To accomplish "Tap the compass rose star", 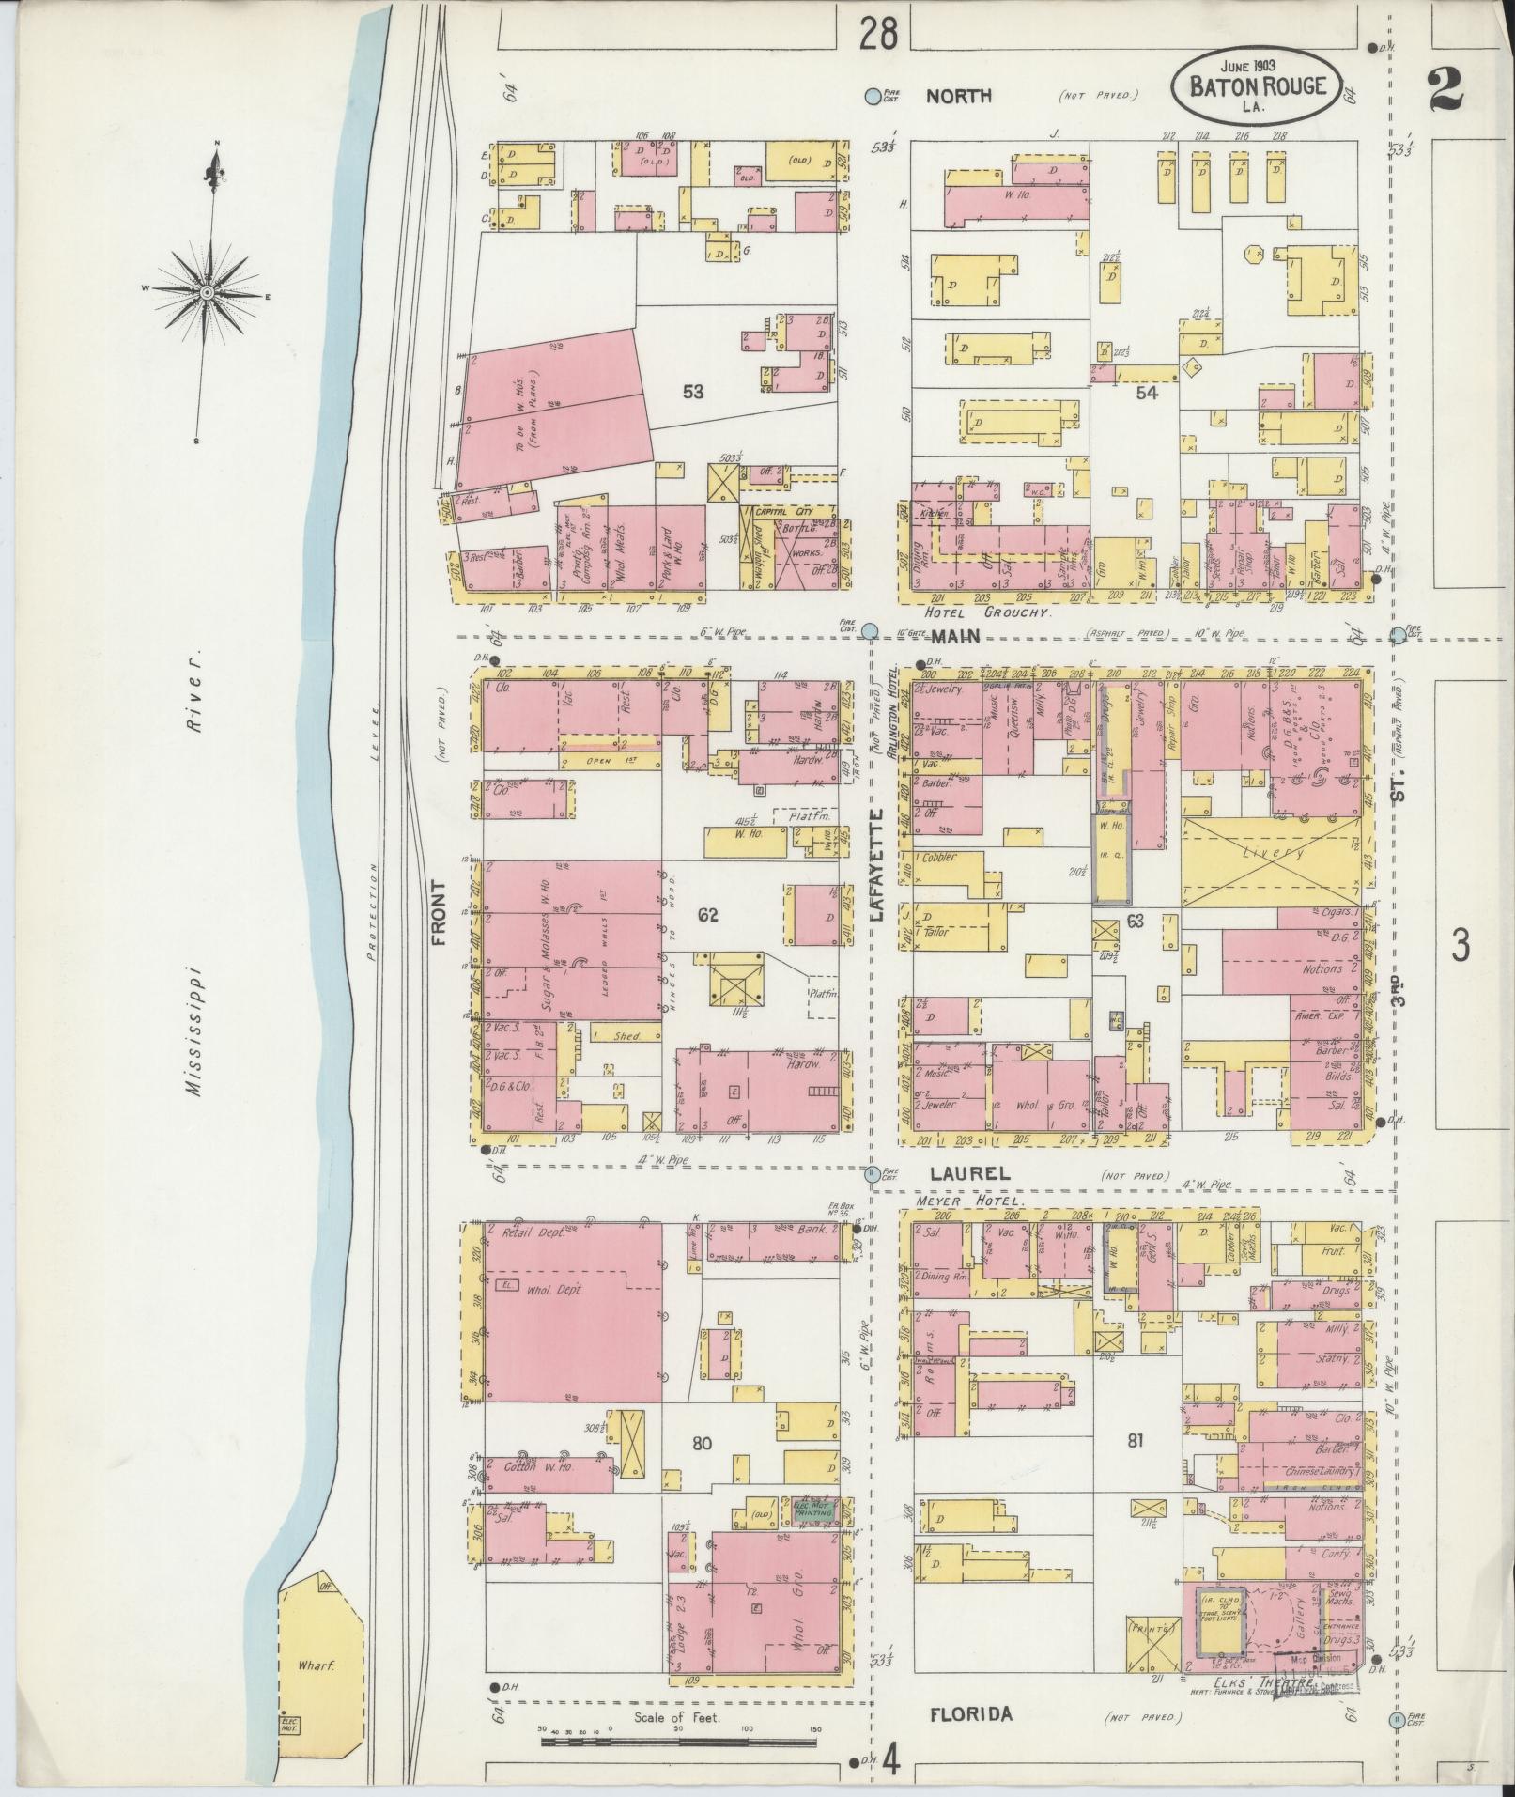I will [207, 292].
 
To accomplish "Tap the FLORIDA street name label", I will [971, 1714].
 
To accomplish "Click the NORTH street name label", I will [959, 96].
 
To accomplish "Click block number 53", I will [693, 392].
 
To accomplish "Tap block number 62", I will [707, 914].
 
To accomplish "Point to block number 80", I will [703, 1444].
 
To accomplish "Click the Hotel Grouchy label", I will [986, 612].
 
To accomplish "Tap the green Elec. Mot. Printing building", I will [808, 1508].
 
